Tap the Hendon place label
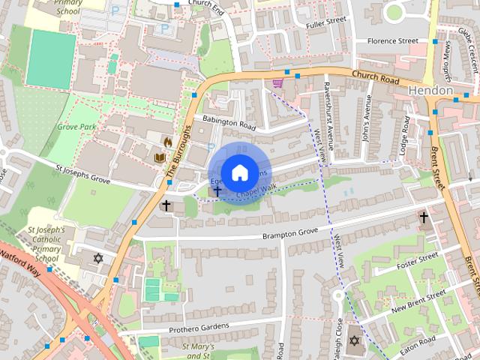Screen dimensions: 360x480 click(431, 90)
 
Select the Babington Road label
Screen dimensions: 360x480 click(225, 121)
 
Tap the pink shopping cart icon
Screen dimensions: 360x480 click(278, 82)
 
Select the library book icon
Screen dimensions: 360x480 click(159, 157)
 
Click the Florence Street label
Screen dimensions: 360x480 click(387, 40)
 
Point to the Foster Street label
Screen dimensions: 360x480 click(416, 260)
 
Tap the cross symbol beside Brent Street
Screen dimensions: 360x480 click(424, 217)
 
